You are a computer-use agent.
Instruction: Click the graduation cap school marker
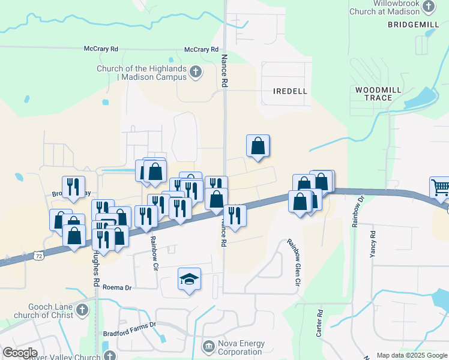coord(189,279)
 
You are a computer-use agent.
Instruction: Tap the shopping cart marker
coord(441,188)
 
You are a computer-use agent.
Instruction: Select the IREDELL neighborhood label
coord(290,91)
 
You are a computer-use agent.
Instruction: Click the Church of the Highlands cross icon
coord(195,73)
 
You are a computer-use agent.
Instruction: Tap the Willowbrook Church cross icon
coord(429,7)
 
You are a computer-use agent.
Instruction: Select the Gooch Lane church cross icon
coord(82,310)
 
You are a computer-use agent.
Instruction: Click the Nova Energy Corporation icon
coord(208,346)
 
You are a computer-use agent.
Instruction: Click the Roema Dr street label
coord(116,287)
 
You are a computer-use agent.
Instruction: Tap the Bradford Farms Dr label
coord(128,325)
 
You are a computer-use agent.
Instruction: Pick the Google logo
coord(20,353)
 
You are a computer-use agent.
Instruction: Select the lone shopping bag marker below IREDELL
coord(258,146)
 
